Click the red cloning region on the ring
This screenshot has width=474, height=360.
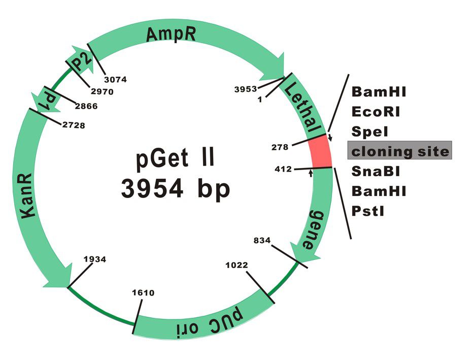320,151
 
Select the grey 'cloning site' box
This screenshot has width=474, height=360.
399,151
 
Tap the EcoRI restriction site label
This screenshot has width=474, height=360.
376,112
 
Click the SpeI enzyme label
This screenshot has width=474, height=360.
370,132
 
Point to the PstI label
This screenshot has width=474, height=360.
368,210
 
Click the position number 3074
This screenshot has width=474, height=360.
115,79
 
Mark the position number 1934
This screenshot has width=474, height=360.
95,259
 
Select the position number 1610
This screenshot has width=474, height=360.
143,293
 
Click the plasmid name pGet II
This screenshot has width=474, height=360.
175,159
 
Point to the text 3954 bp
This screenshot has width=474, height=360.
175,188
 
